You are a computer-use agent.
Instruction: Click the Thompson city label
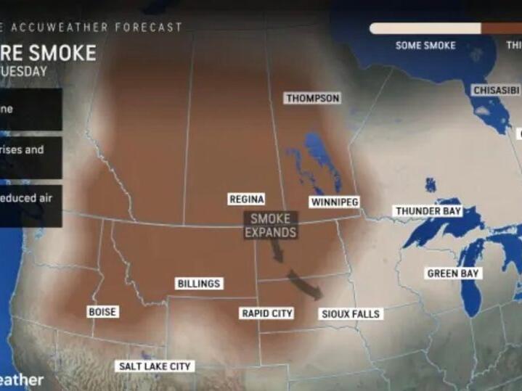[312, 98]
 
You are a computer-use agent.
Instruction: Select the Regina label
[246, 199]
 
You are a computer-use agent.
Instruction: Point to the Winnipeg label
[334, 202]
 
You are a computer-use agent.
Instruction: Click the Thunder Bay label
[428, 211]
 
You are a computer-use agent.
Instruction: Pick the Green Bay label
[452, 273]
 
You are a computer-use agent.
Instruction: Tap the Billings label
[199, 284]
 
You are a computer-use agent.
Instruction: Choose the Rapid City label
[266, 313]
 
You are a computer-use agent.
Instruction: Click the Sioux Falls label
[351, 314]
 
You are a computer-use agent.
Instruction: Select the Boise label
[102, 312]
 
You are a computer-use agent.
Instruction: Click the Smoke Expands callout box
[270, 225]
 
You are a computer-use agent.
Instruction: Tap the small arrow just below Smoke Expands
[277, 250]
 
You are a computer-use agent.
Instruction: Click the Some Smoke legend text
[425, 45]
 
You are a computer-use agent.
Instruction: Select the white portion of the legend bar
[425, 28]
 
